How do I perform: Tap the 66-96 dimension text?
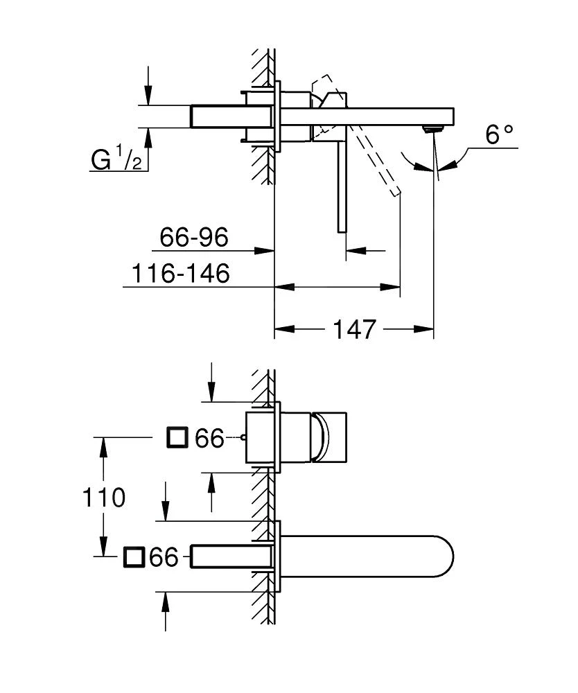coord(194,238)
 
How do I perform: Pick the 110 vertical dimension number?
coord(103,497)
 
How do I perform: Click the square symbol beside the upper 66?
coord(178,438)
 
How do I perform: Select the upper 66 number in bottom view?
coord(209,438)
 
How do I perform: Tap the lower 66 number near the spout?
coord(164,557)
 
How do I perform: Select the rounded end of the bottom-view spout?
coord(440,556)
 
